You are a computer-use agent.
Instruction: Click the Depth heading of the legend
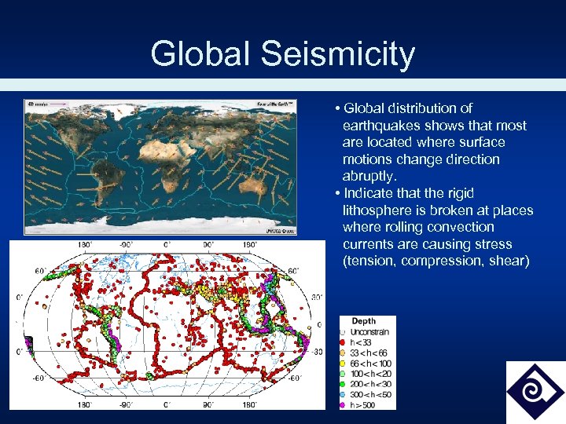click(x=363, y=321)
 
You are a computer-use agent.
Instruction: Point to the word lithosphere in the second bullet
click(x=379, y=210)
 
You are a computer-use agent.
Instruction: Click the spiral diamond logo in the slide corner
click(x=535, y=391)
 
